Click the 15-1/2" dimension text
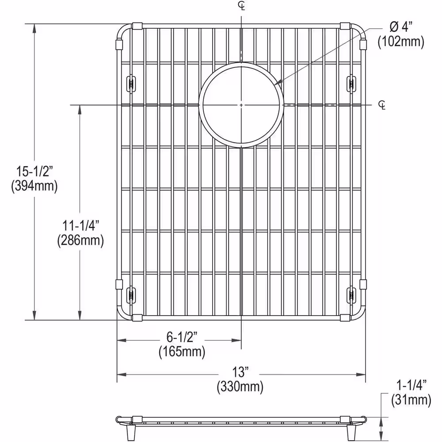pyautogui.click(x=34, y=171)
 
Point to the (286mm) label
pyautogui.click(x=80, y=240)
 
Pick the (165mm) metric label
pyautogui.click(x=182, y=352)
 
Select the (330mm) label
pyautogui.click(x=240, y=387)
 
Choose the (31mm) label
pyautogui.click(x=411, y=400)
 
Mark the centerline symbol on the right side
pyautogui.click(x=382, y=105)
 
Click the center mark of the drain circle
pyautogui.click(x=241, y=105)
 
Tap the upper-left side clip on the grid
pyautogui.click(x=131, y=83)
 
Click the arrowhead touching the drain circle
pyautogui.click(x=277, y=83)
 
